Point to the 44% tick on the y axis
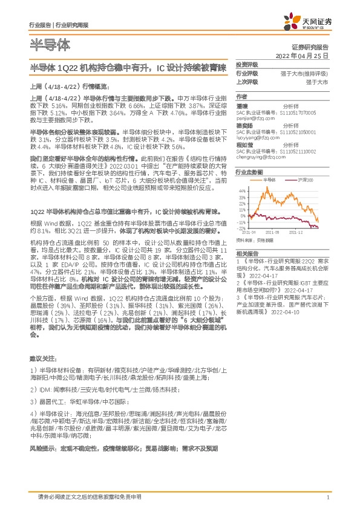tap(241, 190)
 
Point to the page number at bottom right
tap(327, 497)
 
